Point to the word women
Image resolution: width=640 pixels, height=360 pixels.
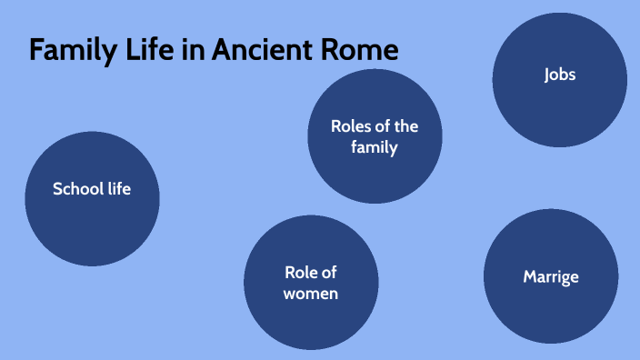[311, 294]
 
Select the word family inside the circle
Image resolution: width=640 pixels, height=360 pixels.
[375, 147]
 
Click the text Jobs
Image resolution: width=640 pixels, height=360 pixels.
[560, 75]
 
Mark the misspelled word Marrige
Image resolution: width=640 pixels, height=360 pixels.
[551, 276]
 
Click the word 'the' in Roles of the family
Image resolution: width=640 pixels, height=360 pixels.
[405, 126]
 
